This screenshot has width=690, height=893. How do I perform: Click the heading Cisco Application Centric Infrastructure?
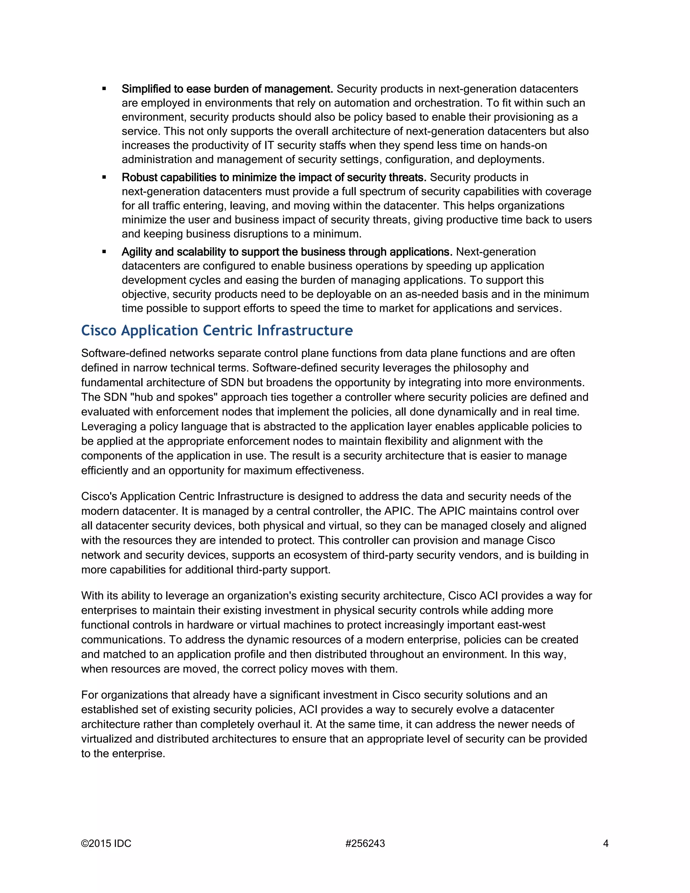pos(217,330)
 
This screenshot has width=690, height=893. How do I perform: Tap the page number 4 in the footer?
pos(606,843)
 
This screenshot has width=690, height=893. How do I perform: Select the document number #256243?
pos(365,843)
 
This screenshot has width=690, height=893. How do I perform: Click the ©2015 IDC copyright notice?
pos(106,843)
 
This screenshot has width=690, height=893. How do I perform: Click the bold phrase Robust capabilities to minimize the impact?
pos(274,178)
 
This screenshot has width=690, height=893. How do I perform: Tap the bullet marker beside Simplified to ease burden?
pos(104,89)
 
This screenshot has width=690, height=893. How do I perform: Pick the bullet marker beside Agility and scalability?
pos(104,252)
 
